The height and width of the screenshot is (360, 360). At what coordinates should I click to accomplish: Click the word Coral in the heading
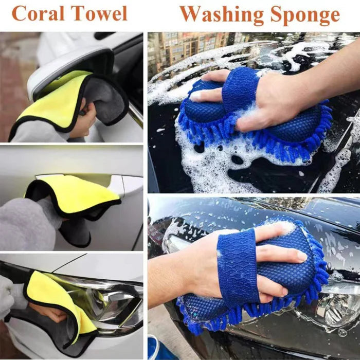(38, 13)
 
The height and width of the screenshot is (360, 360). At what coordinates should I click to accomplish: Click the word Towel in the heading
(99, 13)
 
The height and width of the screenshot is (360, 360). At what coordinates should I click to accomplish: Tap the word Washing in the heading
(222, 15)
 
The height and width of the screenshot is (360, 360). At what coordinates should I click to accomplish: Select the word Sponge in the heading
(305, 15)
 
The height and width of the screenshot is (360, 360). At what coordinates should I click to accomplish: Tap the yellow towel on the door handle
(74, 195)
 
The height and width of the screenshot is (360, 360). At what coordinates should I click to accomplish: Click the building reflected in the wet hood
(188, 50)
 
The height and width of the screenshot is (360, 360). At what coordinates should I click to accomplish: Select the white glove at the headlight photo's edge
(6, 296)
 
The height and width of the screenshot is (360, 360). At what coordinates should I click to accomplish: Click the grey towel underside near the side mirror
(105, 99)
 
